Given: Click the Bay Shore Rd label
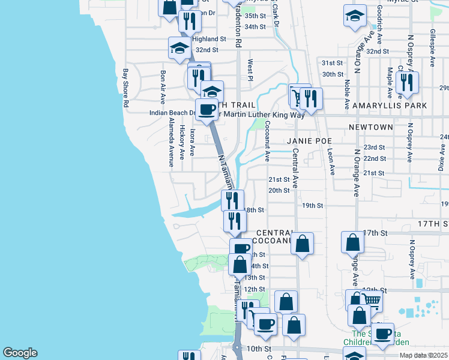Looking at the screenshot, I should [126, 88].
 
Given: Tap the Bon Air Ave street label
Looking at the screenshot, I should [162, 87].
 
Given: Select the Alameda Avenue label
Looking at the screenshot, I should [171, 140].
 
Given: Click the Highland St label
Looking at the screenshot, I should [209, 38].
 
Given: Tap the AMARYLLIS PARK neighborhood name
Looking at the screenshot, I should [390, 106].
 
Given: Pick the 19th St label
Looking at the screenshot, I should [313, 205].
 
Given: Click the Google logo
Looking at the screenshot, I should [20, 353].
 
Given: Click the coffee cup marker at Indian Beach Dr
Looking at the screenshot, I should [207, 110].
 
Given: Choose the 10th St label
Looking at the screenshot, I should [259, 349].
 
